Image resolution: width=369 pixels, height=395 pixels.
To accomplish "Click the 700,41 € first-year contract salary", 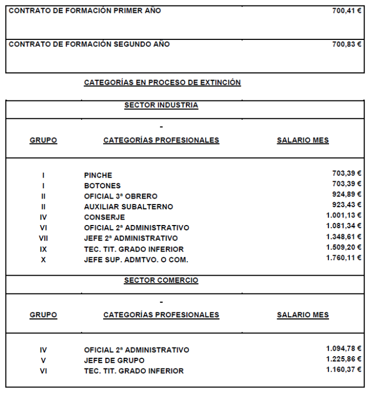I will (x=346, y=11).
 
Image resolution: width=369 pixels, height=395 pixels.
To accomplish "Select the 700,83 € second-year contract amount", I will (x=346, y=44).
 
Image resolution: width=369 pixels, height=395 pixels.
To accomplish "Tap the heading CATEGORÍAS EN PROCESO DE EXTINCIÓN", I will (x=162, y=83).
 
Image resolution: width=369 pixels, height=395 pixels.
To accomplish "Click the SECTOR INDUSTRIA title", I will (x=161, y=105).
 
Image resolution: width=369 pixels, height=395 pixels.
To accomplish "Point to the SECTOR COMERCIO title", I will (x=161, y=281).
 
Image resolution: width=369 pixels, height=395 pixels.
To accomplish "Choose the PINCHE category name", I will (x=98, y=175).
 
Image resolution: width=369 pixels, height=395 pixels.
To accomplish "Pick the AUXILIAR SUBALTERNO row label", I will (x=129, y=207).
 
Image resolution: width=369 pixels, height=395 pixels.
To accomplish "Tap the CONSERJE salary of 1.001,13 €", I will (x=344, y=215).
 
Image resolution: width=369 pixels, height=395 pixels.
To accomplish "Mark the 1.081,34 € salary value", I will (x=344, y=226).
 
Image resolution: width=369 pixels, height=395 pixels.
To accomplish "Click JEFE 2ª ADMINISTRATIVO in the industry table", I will (x=131, y=239).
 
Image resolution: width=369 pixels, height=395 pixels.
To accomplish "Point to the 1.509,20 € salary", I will (x=344, y=247).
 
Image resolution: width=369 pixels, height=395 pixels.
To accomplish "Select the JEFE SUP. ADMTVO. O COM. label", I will (x=136, y=260).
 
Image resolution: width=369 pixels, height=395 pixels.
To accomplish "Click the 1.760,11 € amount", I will (x=344, y=258).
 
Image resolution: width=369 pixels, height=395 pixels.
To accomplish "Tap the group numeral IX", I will (x=43, y=249).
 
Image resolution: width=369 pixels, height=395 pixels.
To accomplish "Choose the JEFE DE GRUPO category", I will (x=114, y=360).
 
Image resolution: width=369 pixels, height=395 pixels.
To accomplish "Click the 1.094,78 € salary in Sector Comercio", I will (x=344, y=348).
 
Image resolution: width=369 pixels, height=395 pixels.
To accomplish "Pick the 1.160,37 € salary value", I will (x=344, y=369).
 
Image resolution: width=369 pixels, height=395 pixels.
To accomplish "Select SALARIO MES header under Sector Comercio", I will (x=303, y=315).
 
